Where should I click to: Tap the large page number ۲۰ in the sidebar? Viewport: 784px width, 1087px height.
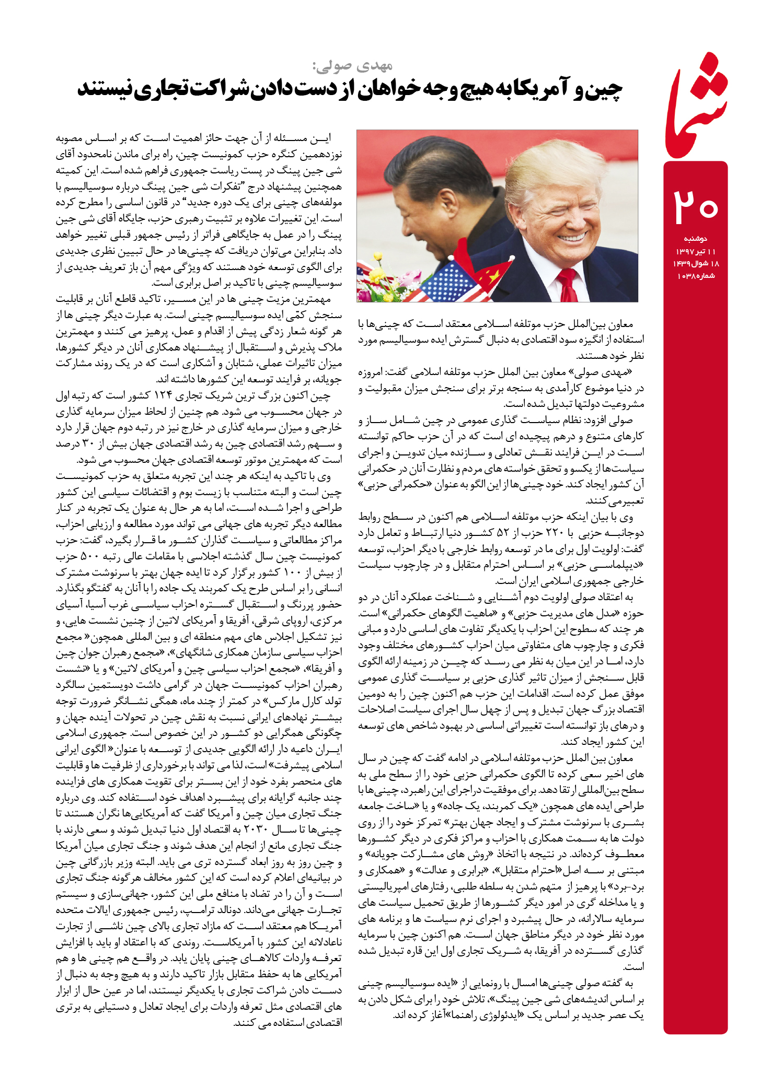coord(696,207)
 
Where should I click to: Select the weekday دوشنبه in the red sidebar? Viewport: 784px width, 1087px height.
coord(695,239)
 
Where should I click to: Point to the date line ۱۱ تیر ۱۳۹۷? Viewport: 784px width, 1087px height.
coord(695,251)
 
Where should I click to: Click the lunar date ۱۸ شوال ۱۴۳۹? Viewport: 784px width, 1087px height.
coord(695,264)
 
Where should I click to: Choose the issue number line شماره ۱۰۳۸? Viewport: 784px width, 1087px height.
coord(695,276)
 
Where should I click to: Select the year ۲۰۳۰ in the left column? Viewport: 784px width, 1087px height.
coord(255,829)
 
